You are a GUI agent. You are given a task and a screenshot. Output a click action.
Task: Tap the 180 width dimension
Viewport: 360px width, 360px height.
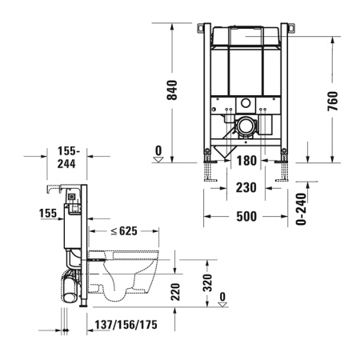(x=246, y=161)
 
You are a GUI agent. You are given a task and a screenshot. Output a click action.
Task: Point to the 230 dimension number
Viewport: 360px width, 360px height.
(x=246, y=190)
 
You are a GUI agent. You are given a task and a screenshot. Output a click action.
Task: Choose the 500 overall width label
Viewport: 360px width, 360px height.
(x=246, y=215)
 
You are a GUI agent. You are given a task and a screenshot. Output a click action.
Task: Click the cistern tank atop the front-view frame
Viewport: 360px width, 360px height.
(x=246, y=40)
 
